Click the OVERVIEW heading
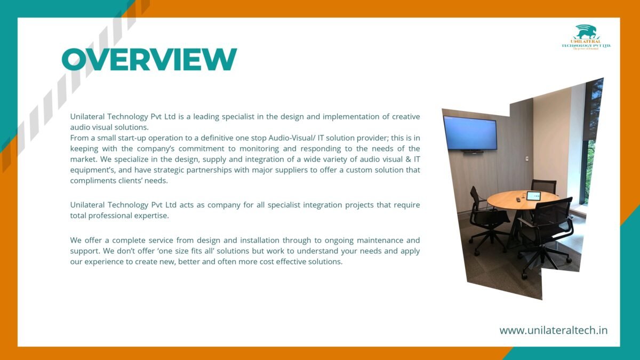tap(149, 59)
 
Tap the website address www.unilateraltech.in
tap(554, 330)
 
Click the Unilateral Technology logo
tap(586, 37)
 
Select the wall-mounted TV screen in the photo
tap(470, 133)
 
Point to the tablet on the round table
tap(533, 196)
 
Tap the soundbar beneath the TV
tap(474, 151)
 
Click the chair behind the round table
tap(543, 186)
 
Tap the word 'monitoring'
tap(259, 149)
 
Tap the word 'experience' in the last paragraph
tap(104, 262)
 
